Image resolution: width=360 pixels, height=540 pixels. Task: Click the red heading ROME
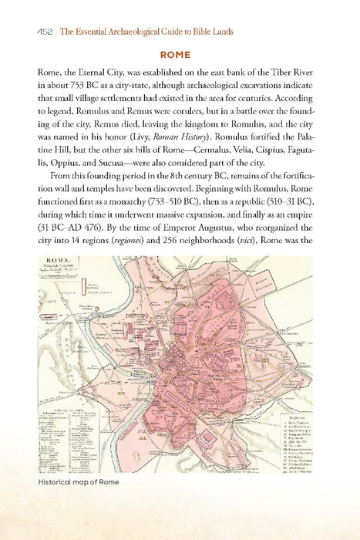click(180, 56)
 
